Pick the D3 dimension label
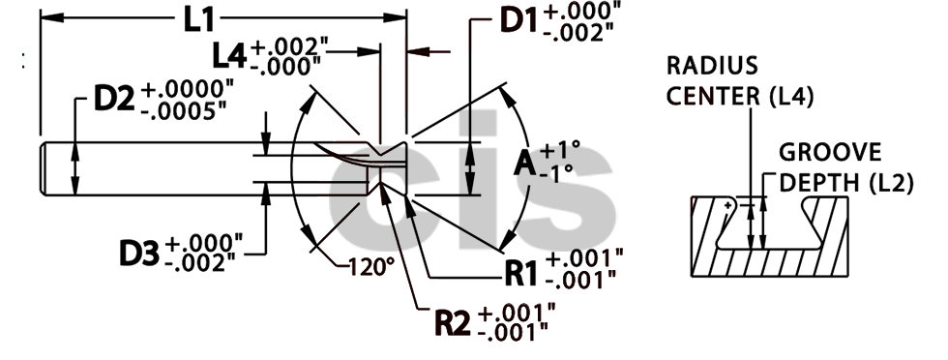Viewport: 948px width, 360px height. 140,253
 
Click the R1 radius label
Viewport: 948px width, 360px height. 523,269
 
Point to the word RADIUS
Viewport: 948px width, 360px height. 711,67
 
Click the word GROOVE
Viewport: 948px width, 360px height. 830,152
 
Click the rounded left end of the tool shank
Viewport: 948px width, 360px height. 44,170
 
